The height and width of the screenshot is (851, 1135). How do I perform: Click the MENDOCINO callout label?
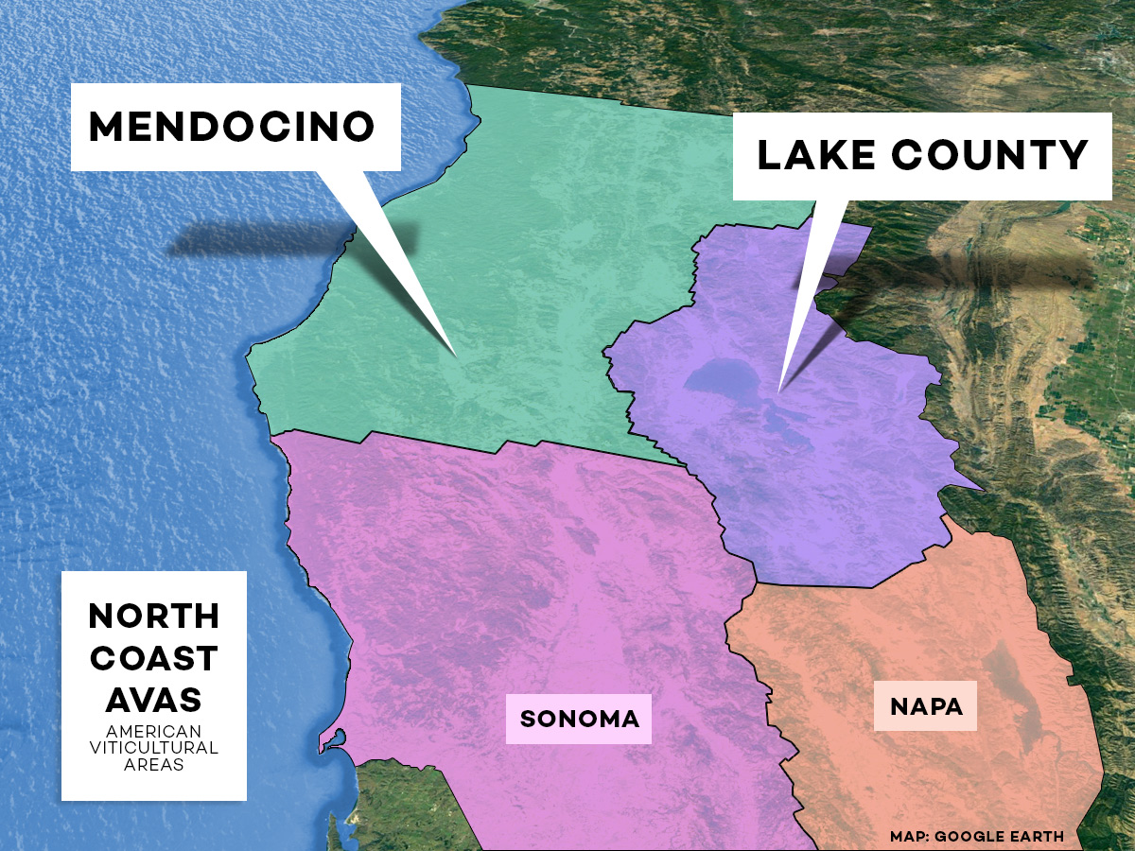233,127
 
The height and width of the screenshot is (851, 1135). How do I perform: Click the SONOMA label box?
579,718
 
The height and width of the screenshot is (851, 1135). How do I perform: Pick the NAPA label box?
926,706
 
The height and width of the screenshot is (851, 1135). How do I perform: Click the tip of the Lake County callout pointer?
778,391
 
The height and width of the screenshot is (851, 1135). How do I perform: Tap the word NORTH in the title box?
153,617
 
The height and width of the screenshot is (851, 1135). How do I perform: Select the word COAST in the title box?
153,658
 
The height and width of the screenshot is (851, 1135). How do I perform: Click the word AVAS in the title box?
153,700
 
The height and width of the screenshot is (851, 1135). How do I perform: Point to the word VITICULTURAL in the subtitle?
153,748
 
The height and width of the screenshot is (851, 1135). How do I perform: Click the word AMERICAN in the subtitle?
153,732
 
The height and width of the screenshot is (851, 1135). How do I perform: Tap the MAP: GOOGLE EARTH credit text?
976,837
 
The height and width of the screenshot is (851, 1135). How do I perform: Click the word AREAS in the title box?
153,764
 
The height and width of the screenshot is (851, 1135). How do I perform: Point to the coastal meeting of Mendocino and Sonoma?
272,435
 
